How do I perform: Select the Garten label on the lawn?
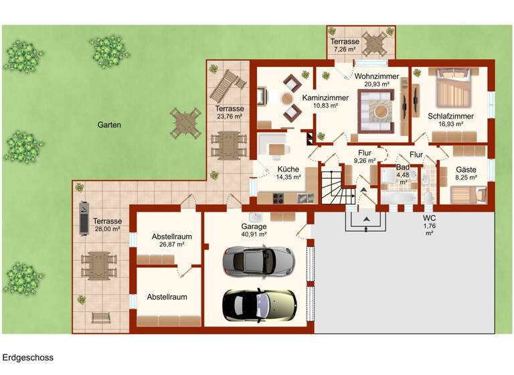pos(109,125)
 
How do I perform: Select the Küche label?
pos(289,168)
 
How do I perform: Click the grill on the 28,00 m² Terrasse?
pos(82,218)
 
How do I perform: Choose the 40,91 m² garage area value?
pos(254,235)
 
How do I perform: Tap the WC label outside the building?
pos(429,218)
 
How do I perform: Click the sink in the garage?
pos(255,218)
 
